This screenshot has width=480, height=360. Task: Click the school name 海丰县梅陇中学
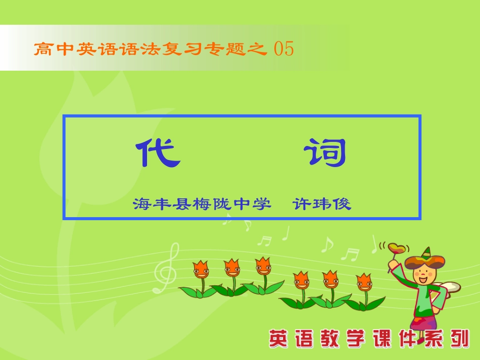[x=199, y=204]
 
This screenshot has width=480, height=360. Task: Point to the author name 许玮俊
[x=322, y=204]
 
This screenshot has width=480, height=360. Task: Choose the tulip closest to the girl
[x=364, y=283]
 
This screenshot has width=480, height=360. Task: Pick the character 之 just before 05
[x=258, y=49]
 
